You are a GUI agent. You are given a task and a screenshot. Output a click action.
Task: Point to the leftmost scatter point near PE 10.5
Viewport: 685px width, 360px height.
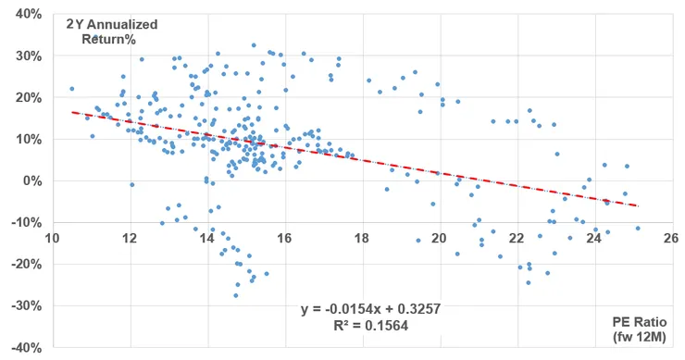(x=71, y=89)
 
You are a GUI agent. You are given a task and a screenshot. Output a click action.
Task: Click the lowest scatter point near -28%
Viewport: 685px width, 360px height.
(x=236, y=295)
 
